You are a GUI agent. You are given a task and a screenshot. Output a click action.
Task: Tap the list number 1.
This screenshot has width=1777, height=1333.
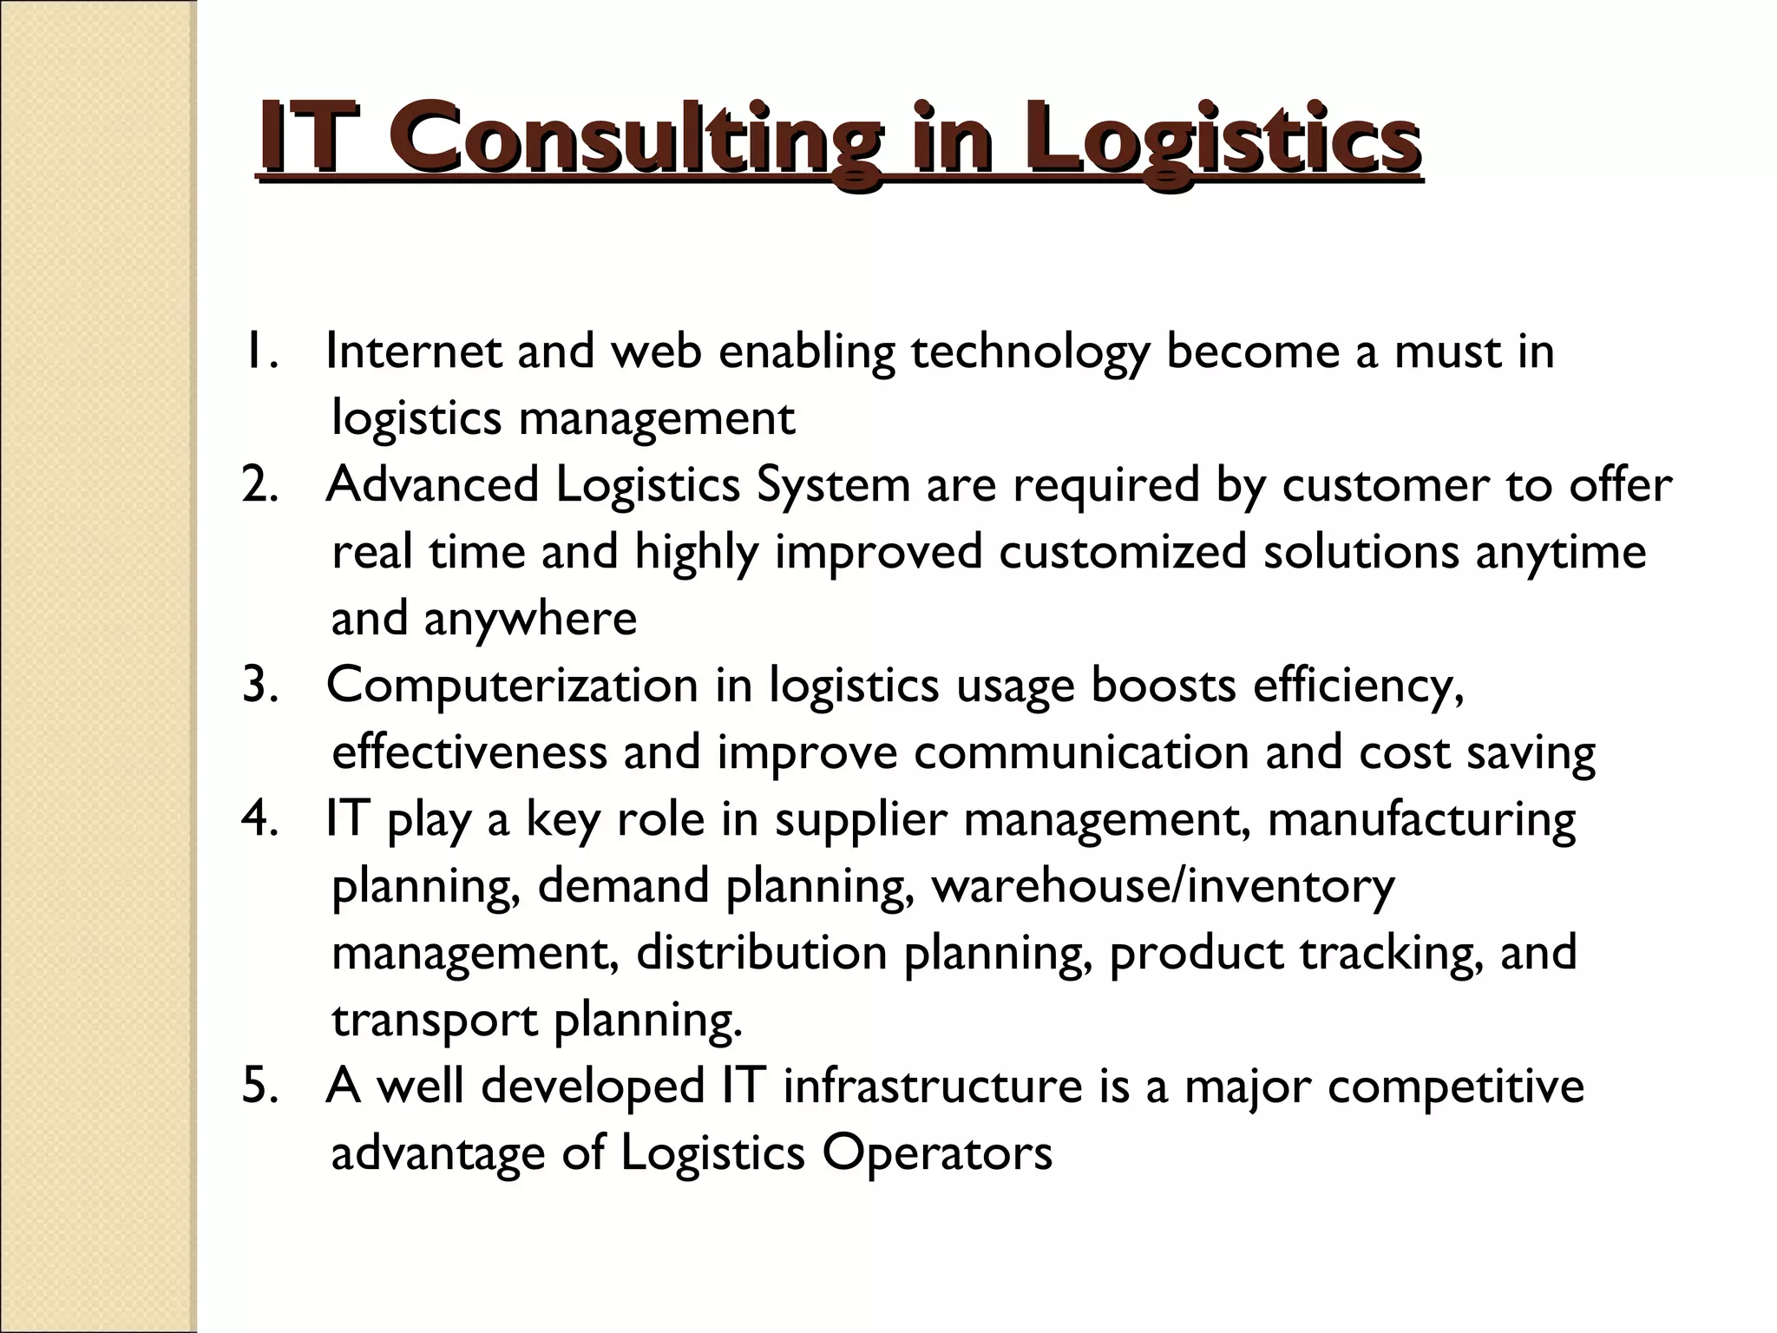(259, 351)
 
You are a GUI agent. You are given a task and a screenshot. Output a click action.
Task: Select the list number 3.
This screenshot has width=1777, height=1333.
(259, 686)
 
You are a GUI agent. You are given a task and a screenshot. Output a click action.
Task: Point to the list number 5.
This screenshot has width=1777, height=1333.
(259, 1087)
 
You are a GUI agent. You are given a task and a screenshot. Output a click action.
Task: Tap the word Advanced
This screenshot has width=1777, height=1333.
(432, 485)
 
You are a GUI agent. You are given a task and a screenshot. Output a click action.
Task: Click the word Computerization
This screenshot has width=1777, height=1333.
(512, 686)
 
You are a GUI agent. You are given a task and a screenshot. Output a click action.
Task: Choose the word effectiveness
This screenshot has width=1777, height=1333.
(469, 752)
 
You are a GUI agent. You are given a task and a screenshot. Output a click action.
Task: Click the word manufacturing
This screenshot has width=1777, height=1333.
(1421, 820)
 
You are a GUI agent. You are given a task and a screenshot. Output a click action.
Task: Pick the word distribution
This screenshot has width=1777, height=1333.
(762, 953)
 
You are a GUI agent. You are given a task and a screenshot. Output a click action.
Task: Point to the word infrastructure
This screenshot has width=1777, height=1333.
(933, 1087)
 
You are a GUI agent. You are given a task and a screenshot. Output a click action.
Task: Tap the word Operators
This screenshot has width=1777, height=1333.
(937, 1153)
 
